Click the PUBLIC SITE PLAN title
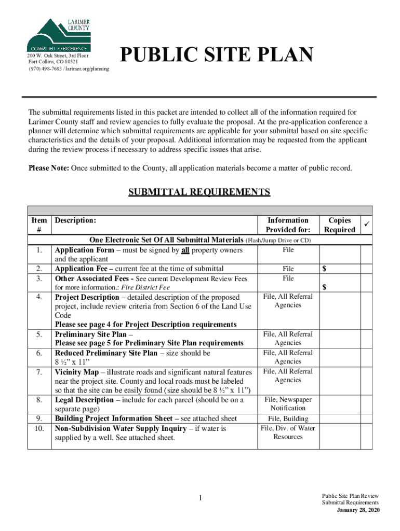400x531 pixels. (x=216, y=55)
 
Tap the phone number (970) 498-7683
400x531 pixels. (x=45, y=69)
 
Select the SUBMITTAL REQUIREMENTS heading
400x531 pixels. (x=199, y=192)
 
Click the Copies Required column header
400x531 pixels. (x=339, y=225)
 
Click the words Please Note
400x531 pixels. (x=48, y=167)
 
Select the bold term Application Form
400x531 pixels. (x=84, y=250)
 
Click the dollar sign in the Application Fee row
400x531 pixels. (x=325, y=269)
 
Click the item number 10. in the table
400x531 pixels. (x=39, y=428)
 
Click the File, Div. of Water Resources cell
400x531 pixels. (x=288, y=432)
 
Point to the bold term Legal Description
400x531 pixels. (x=84, y=400)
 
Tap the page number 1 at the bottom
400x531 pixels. (x=199, y=499)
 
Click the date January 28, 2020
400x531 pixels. (x=358, y=510)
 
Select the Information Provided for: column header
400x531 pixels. (x=288, y=225)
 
